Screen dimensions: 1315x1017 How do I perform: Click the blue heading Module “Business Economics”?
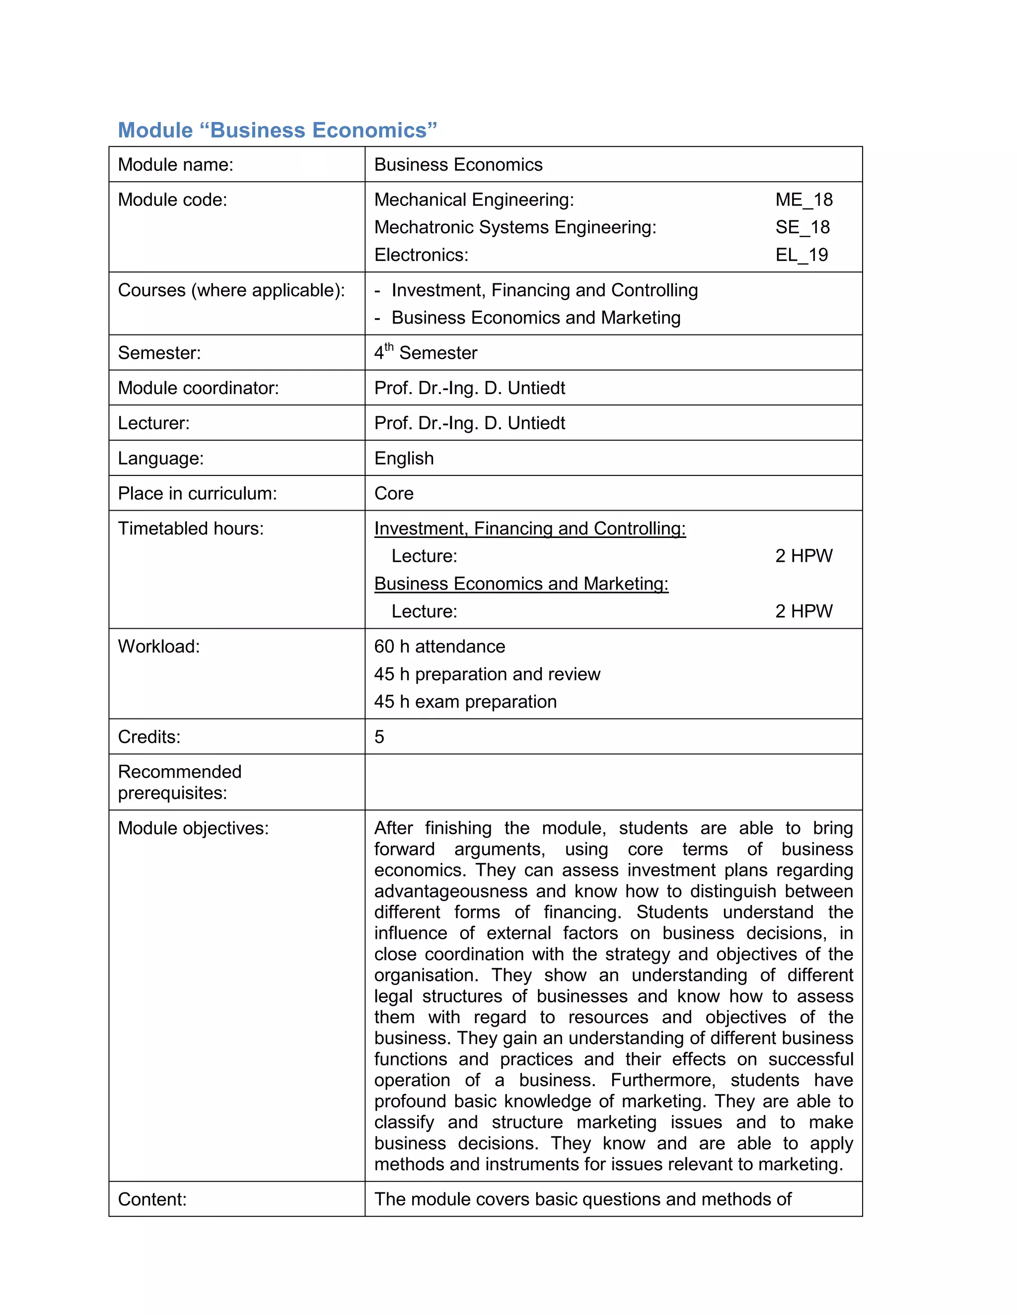pyautogui.click(x=277, y=130)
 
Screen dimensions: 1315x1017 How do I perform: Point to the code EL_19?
pyautogui.click(x=801, y=255)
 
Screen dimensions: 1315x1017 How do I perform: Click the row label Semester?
pyautogui.click(x=159, y=353)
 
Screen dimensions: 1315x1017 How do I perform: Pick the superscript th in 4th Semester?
pyautogui.click(x=389, y=347)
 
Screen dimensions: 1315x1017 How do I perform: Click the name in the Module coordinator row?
pyautogui.click(x=469, y=388)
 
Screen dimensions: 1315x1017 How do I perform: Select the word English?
pyautogui.click(x=404, y=458)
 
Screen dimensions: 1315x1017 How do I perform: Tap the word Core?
pyautogui.click(x=393, y=493)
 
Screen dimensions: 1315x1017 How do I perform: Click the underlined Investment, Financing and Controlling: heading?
pyautogui.click(x=529, y=528)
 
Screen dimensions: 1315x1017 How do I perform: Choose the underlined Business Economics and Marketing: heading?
pyautogui.click(x=521, y=584)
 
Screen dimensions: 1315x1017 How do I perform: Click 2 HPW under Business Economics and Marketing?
pyautogui.click(x=804, y=611)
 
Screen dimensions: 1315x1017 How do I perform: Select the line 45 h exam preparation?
pyautogui.click(x=465, y=702)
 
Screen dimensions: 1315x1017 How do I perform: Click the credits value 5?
pyautogui.click(x=379, y=736)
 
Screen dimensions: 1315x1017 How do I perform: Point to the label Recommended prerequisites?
pyautogui.click(x=180, y=782)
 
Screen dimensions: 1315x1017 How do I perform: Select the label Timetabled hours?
pyautogui.click(x=190, y=528)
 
